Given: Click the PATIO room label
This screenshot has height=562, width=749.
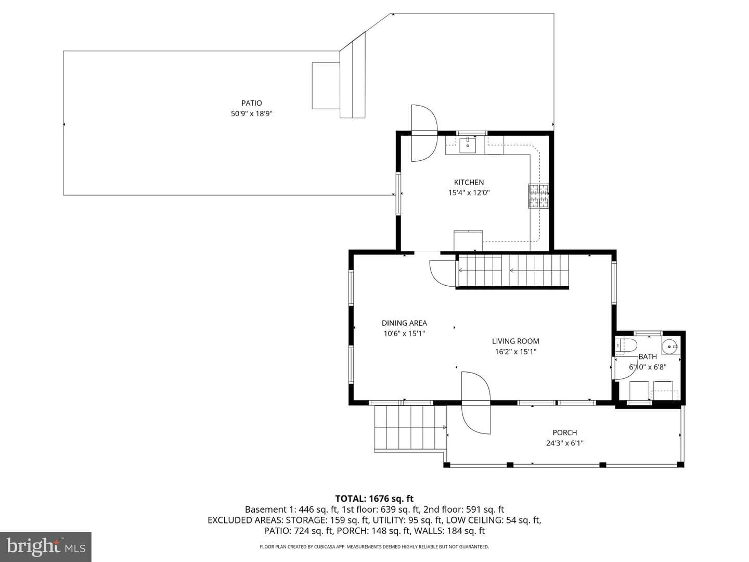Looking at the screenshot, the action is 251,103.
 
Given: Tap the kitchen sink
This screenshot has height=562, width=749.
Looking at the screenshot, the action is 468,145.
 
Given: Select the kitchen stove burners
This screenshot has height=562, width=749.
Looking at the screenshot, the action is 538,196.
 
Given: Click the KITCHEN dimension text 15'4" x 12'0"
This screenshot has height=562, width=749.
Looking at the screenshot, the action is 469,193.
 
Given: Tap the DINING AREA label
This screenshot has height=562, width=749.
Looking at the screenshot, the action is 404,323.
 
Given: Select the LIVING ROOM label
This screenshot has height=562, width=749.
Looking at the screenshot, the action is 515,341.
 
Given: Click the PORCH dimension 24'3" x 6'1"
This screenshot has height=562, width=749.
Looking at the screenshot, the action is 565,443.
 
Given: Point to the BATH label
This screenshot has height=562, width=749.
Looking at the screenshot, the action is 648,356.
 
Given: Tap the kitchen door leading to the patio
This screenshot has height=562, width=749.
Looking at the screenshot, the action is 424,133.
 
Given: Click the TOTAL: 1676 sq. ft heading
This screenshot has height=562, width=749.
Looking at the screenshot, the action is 374,499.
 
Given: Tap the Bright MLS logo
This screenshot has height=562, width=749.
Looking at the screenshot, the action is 45,546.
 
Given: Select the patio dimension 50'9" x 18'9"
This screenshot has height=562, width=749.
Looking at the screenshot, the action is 251,113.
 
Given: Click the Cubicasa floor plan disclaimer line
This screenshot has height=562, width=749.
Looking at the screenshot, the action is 374,546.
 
